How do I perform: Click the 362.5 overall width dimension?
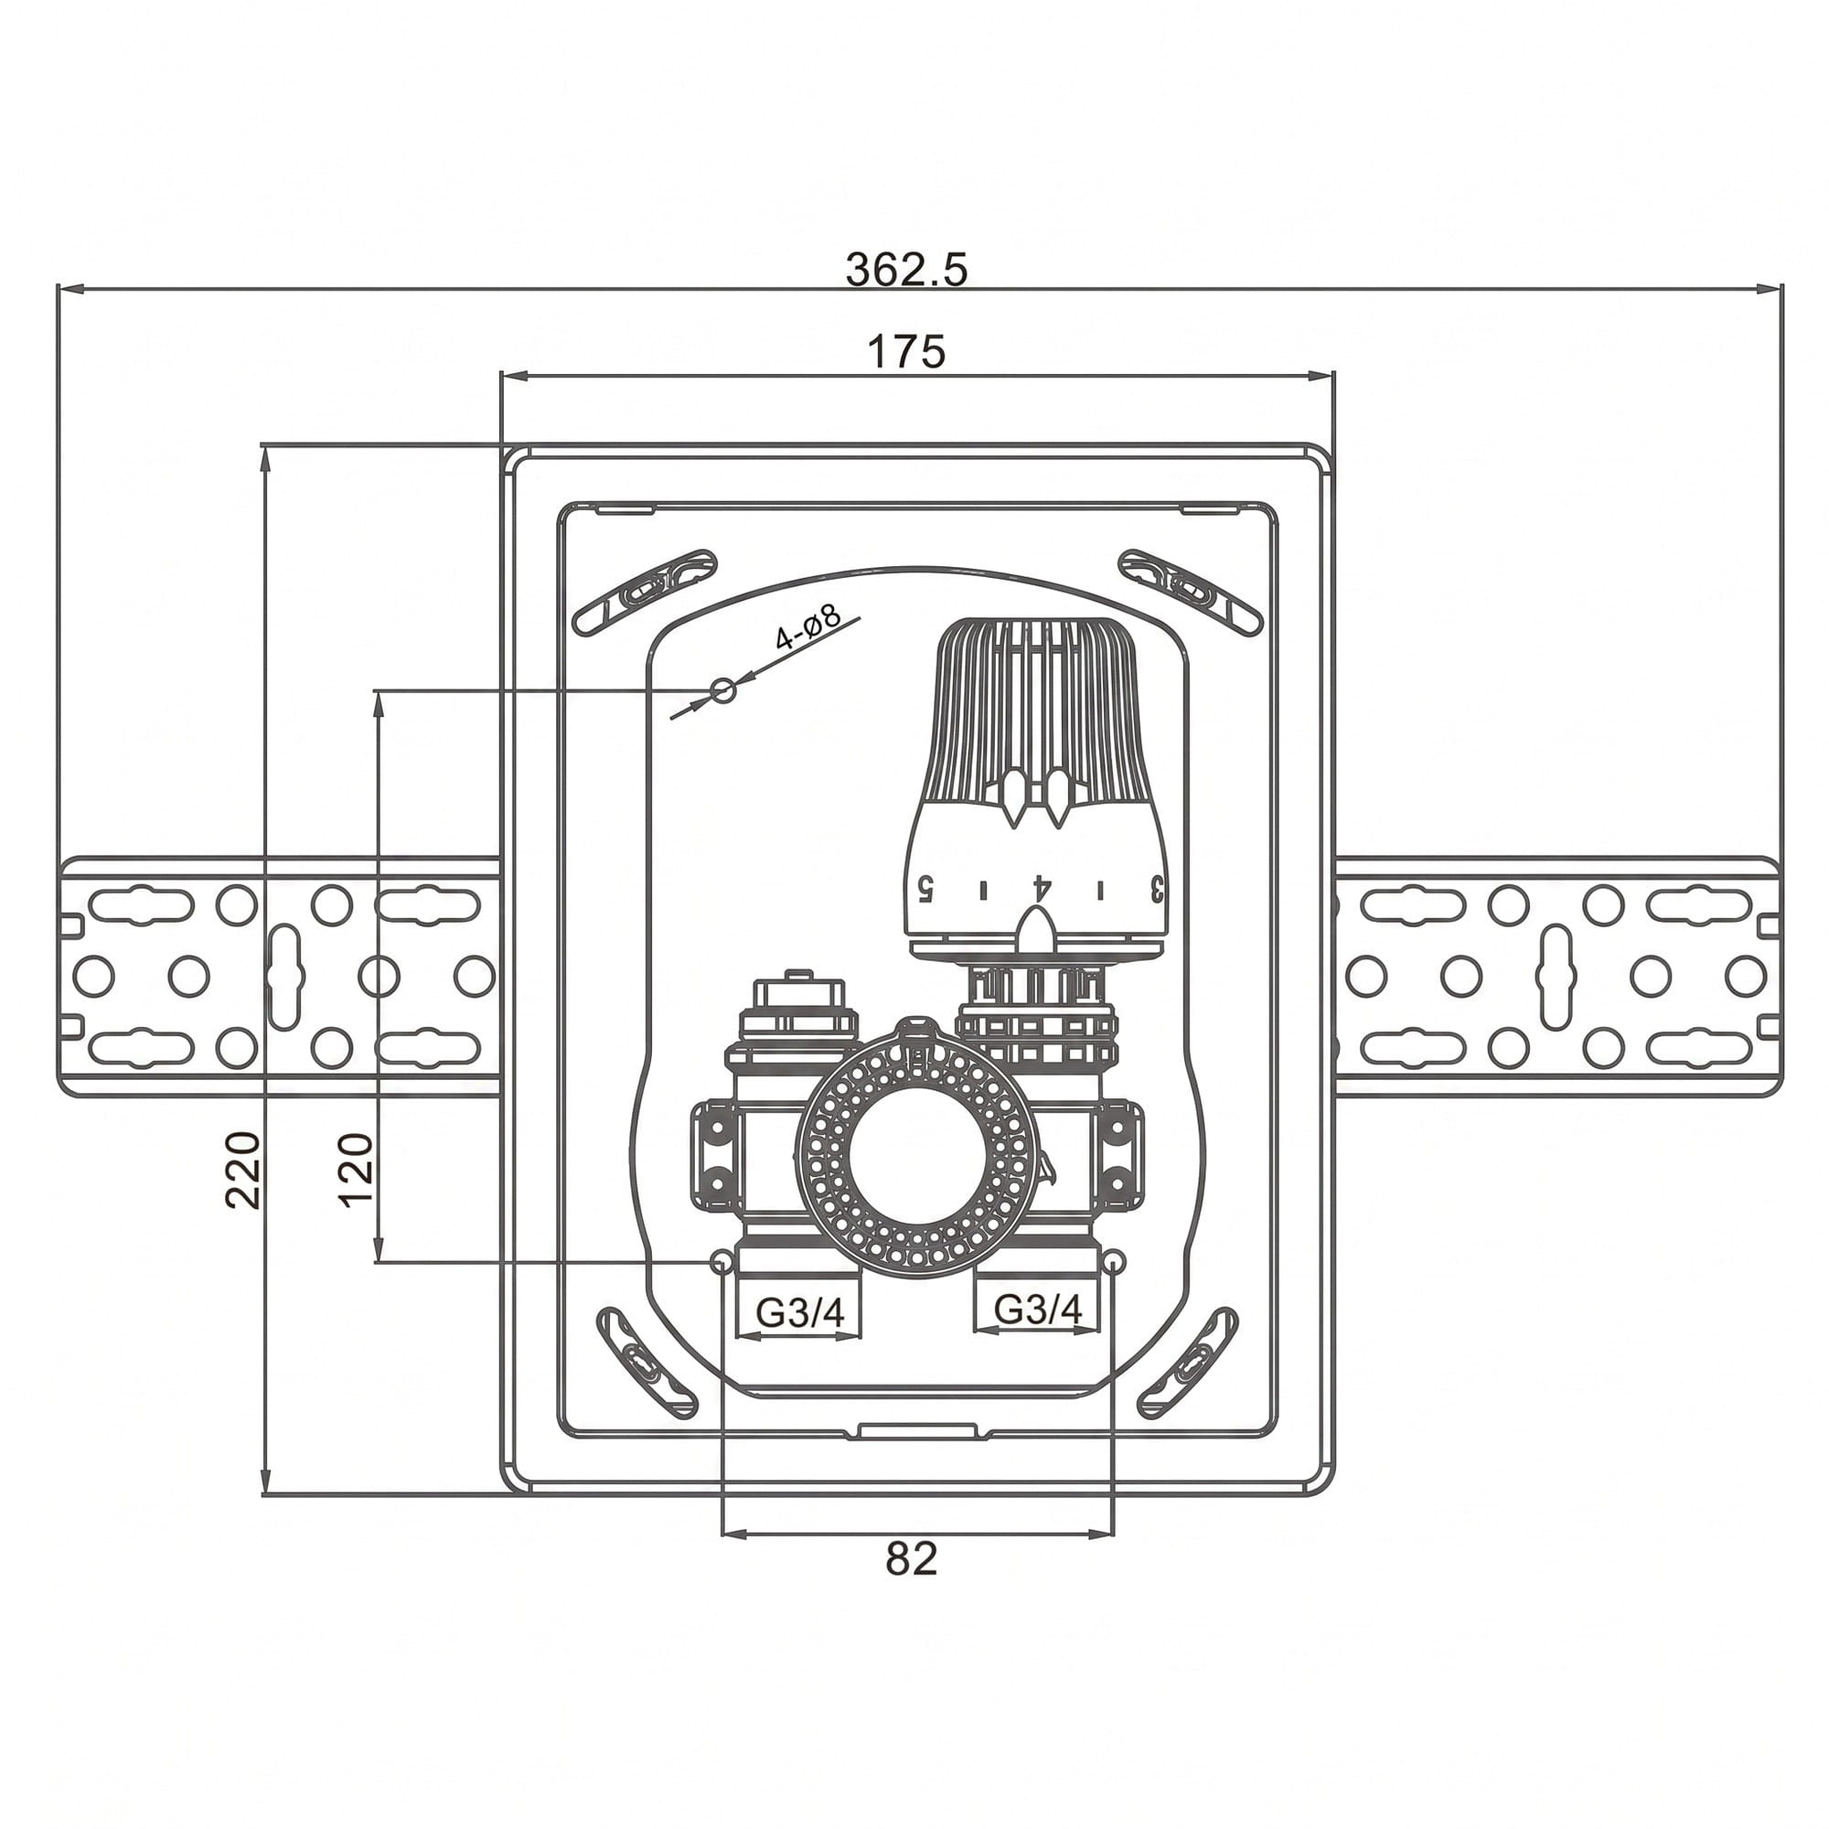[907, 270]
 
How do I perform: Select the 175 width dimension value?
[907, 352]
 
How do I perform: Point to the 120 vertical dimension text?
[357, 1168]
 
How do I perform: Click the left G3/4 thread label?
[799, 1312]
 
